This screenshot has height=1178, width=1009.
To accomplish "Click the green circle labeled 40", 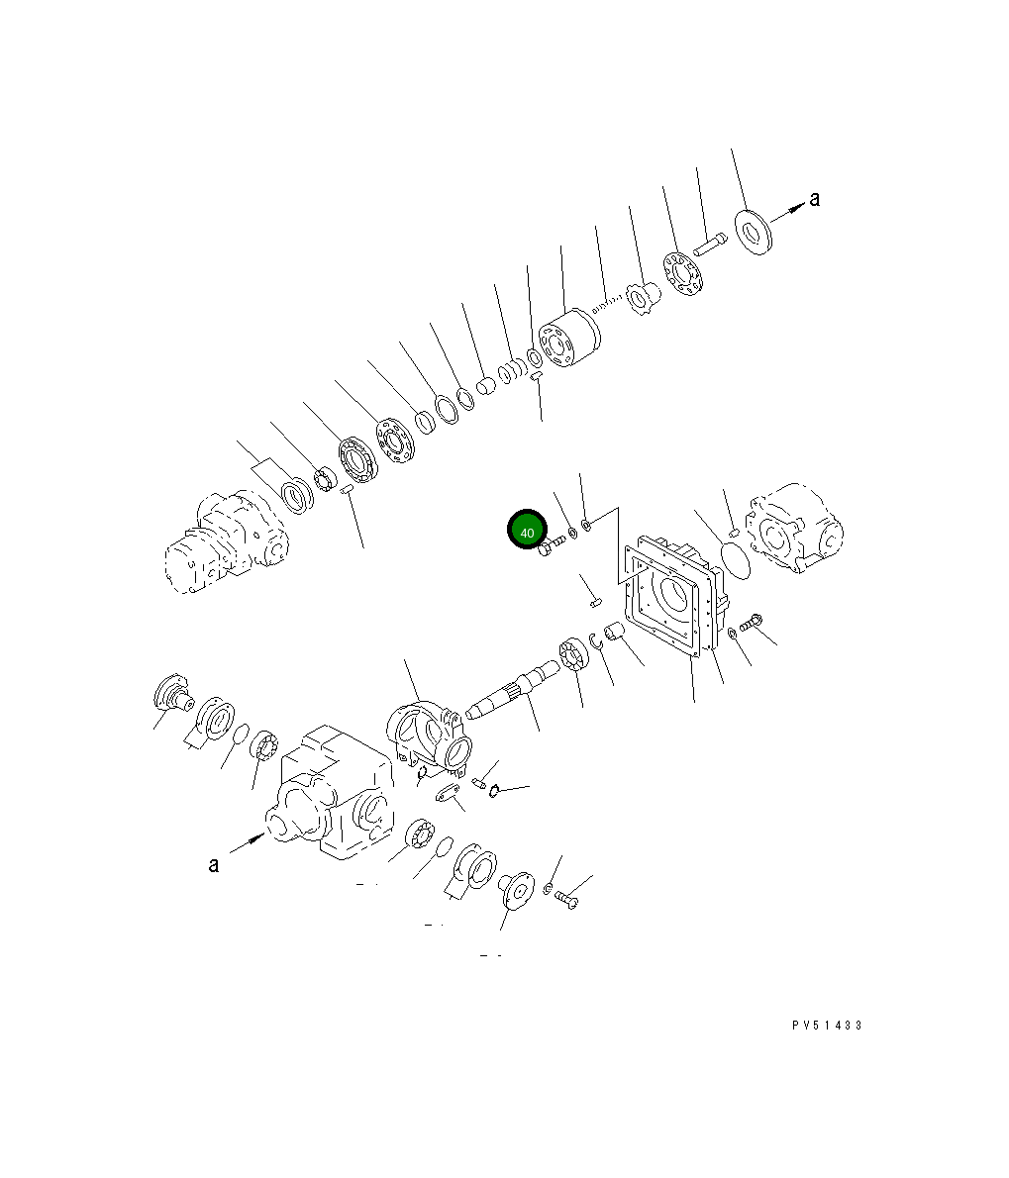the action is coord(527,530).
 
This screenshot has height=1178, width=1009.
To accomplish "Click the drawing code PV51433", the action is coord(827,1025).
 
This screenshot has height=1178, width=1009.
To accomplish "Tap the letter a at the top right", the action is coord(814,199).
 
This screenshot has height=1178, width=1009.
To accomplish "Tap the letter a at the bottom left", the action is coord(213,865).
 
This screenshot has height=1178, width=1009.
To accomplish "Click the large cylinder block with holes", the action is coord(569,339).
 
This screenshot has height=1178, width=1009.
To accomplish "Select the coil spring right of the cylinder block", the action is coord(608,303).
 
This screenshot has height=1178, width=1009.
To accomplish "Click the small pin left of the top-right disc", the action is coord(710,245).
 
